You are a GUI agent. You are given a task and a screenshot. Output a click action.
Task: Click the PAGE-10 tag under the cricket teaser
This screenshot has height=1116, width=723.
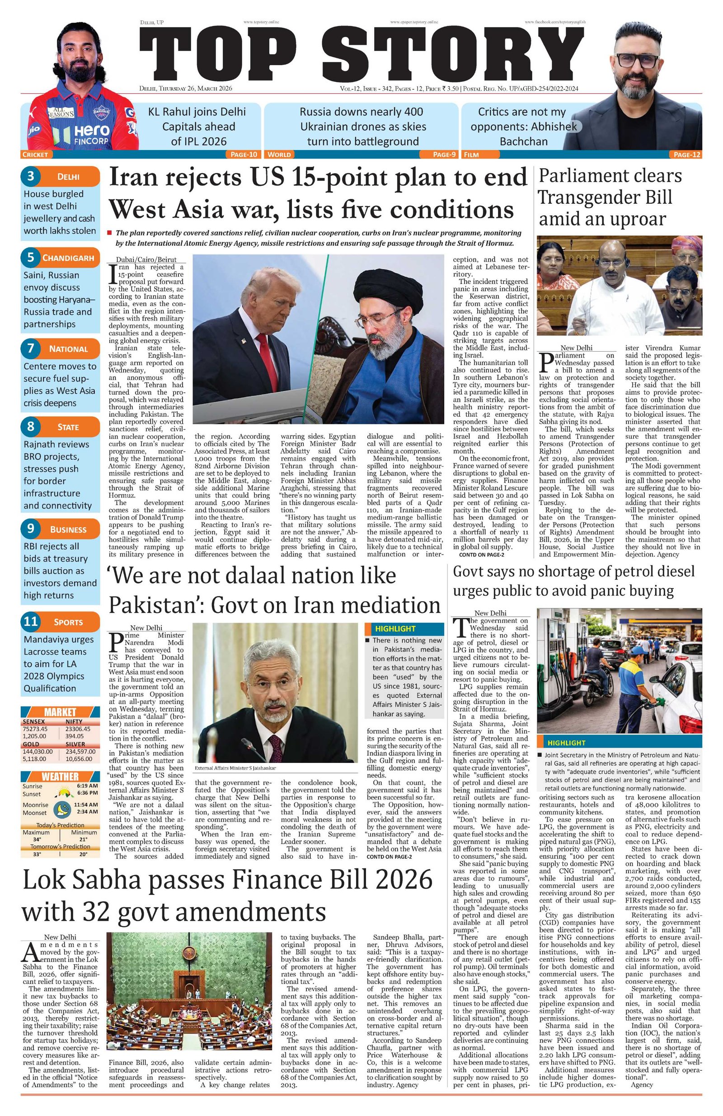[244, 154]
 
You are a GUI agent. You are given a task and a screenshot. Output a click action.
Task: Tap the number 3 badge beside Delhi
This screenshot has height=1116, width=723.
[31, 176]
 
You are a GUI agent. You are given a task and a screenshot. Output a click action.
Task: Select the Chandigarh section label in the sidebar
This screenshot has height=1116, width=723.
[68, 258]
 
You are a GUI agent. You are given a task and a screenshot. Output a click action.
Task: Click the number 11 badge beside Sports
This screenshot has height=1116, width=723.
[31, 622]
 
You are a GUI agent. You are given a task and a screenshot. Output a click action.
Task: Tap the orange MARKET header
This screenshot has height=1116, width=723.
[60, 712]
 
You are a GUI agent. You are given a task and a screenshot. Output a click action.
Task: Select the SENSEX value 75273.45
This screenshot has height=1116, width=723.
[35, 729]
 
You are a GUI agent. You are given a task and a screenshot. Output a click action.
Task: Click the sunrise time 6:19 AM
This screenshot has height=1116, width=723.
[88, 786]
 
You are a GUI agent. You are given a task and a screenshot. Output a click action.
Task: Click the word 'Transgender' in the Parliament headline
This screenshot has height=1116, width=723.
[605, 198]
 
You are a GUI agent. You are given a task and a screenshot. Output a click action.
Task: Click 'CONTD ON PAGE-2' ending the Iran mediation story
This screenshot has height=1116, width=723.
[389, 857]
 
